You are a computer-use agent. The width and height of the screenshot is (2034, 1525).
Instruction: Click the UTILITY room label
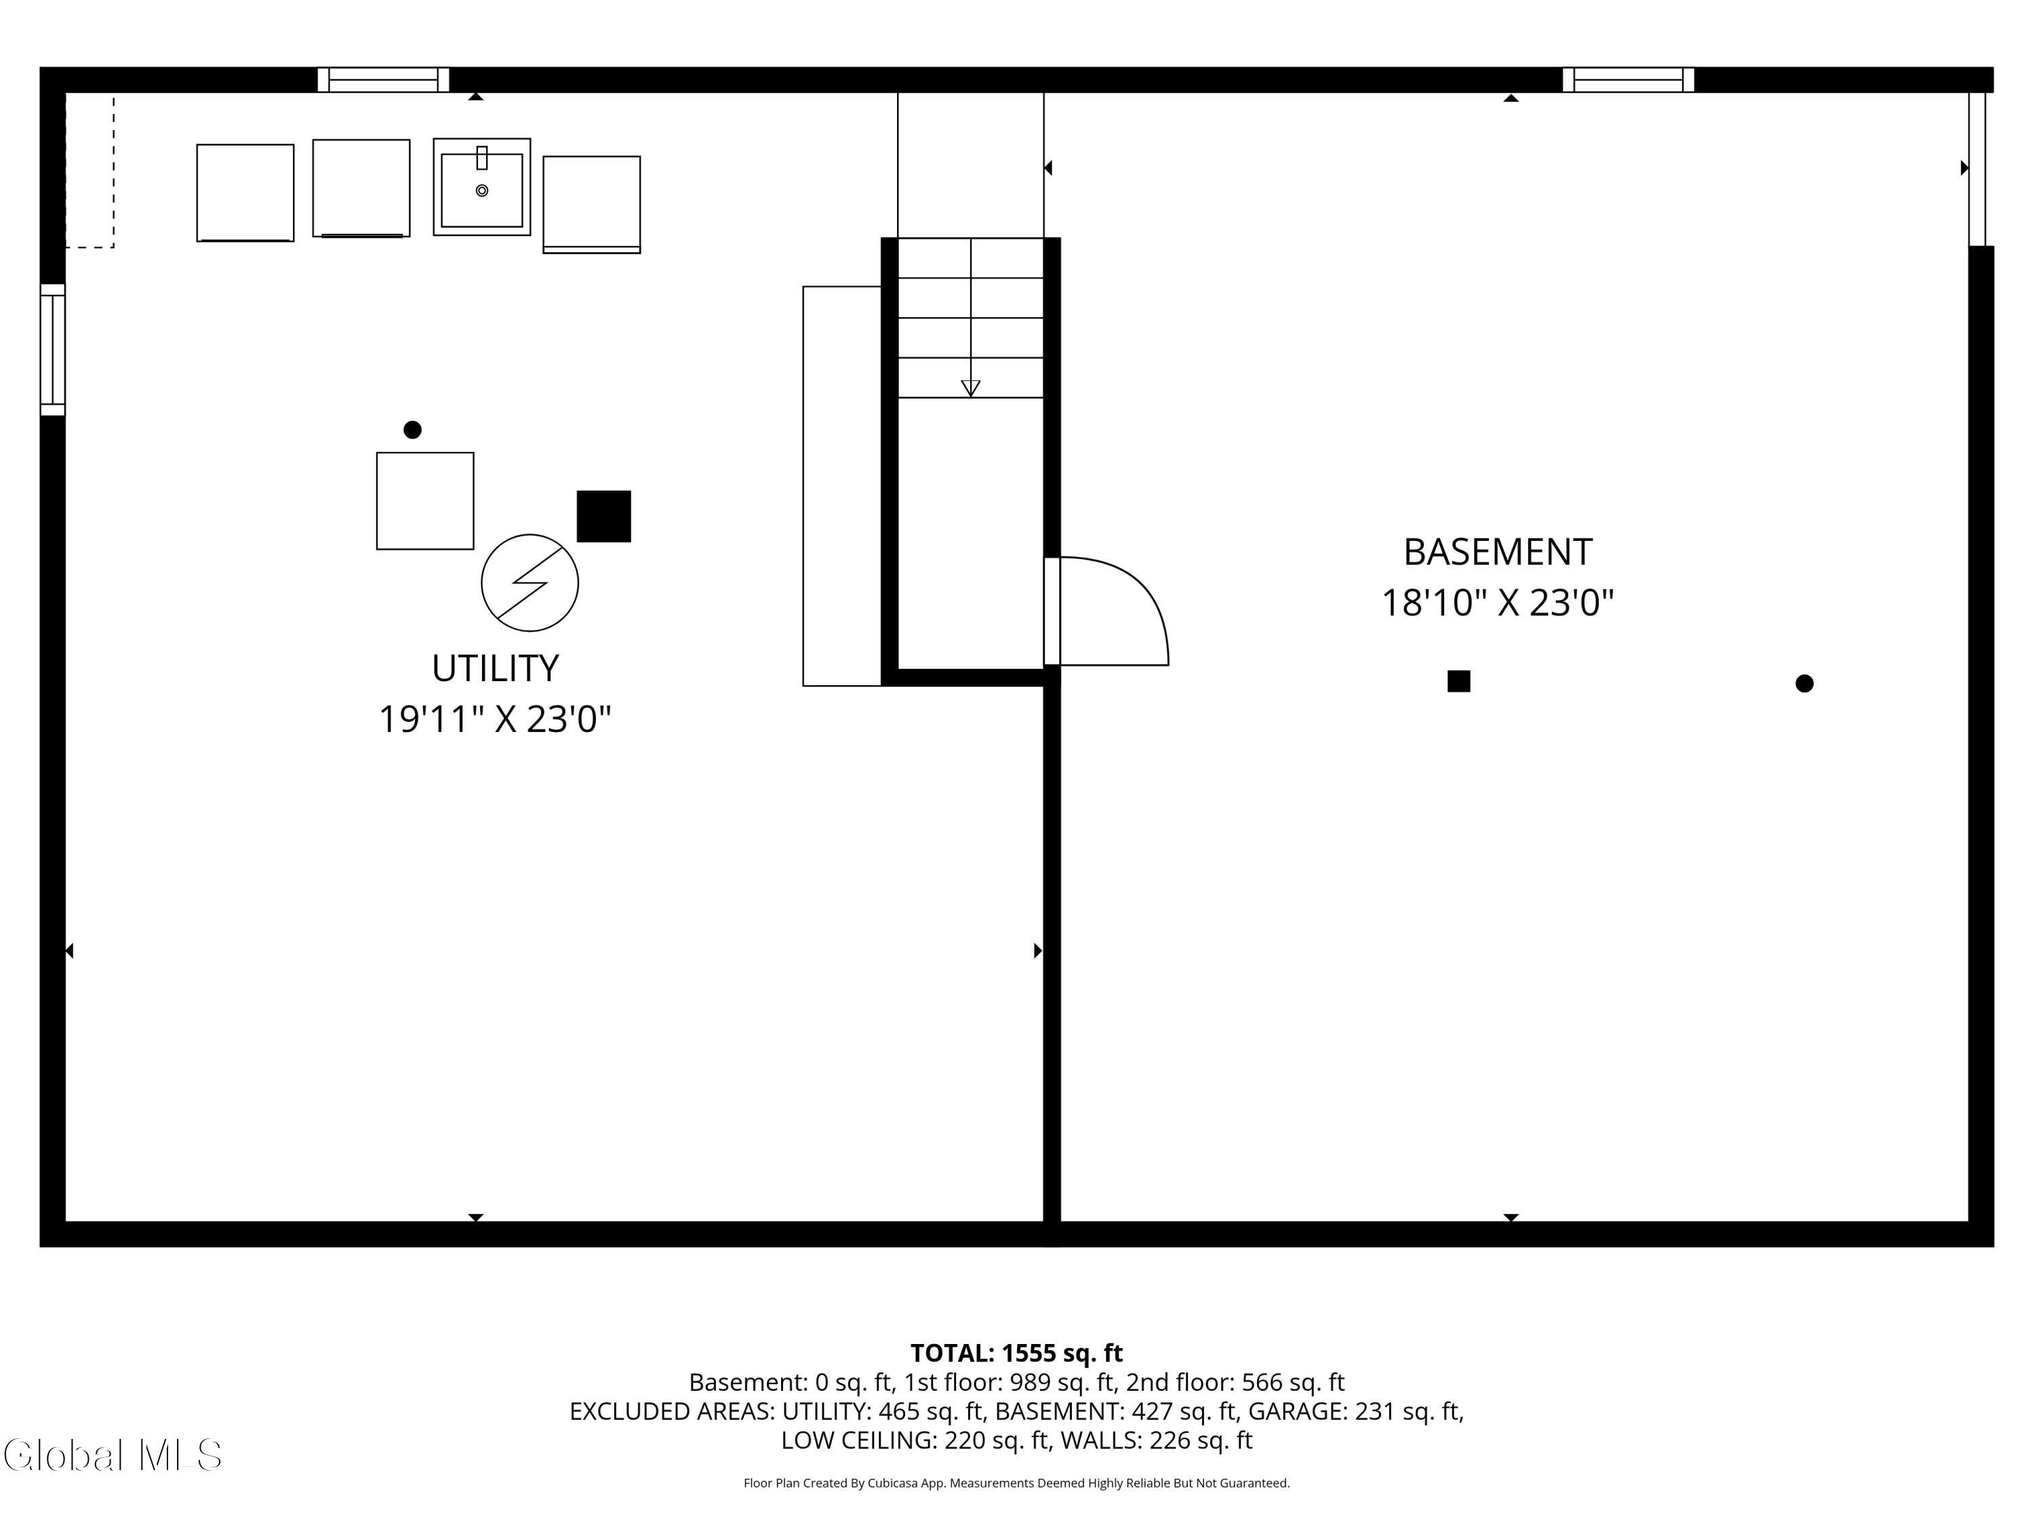click(x=495, y=668)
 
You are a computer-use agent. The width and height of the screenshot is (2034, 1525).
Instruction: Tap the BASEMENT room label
click(x=1498, y=552)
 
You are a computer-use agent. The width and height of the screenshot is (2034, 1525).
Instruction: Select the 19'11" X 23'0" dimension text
click(x=495, y=719)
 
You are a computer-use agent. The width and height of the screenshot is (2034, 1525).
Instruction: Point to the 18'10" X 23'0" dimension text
click(x=1498, y=603)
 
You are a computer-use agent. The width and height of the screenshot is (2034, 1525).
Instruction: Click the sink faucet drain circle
click(x=482, y=190)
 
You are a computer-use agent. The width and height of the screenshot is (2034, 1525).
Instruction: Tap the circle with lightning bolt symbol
click(x=530, y=583)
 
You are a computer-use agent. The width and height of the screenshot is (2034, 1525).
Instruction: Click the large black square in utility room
click(x=603, y=516)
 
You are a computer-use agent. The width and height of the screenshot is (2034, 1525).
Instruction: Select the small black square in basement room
click(x=1458, y=681)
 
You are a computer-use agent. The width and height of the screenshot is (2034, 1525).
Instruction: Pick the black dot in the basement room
click(x=1804, y=683)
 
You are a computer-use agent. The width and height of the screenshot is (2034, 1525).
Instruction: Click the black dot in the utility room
click(x=413, y=429)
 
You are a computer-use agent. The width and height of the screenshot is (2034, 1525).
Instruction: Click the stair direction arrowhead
click(x=970, y=388)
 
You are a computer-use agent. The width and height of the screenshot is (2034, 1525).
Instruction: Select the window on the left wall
click(x=52, y=349)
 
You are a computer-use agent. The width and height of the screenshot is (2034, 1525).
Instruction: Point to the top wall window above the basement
click(x=1628, y=80)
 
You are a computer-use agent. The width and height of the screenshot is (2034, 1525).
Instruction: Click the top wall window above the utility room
click(x=384, y=80)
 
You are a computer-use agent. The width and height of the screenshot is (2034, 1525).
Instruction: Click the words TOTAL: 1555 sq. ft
click(x=1016, y=1353)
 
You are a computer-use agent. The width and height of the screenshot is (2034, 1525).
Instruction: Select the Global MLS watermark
click(x=112, y=1455)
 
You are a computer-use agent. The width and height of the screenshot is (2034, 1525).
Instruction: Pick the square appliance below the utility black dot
click(x=425, y=501)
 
